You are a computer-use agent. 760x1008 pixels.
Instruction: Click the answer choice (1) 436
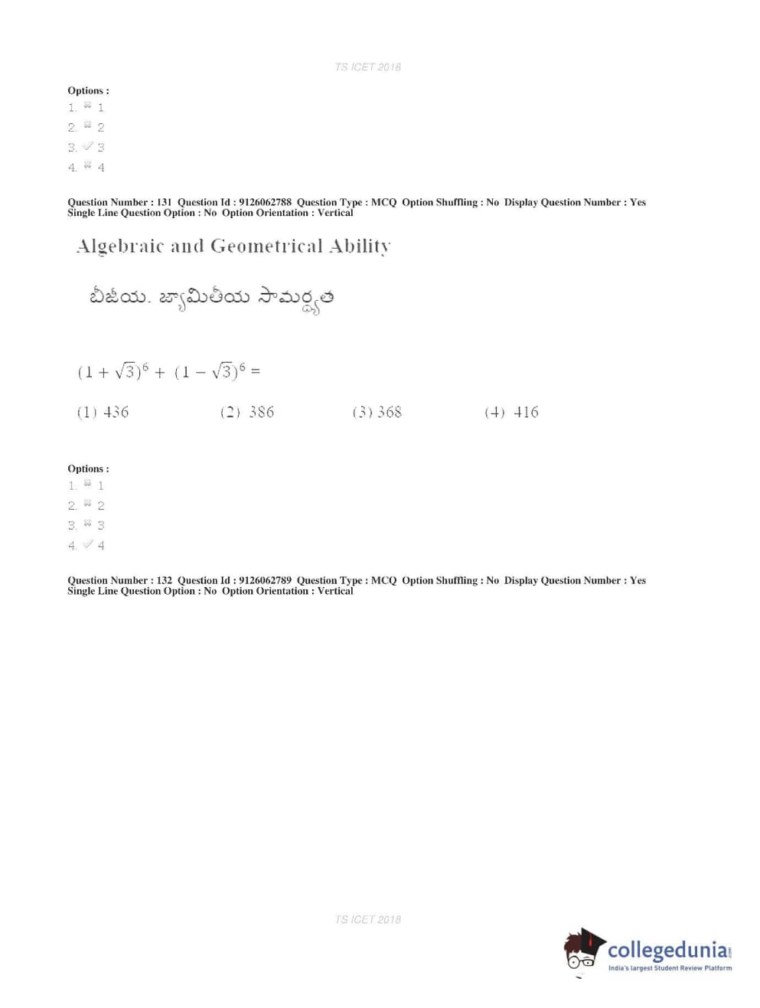point(103,413)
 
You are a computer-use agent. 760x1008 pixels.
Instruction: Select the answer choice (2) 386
point(246,413)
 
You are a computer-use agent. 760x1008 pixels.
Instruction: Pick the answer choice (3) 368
point(377,413)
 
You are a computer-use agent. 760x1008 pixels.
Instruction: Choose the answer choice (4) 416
point(511,413)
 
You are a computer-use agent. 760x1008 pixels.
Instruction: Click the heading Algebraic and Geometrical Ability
point(233,246)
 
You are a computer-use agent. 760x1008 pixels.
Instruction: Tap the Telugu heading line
point(211,298)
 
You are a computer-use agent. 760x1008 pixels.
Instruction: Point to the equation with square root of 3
point(168,372)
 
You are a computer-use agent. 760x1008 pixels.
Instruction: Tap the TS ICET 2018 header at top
point(367,67)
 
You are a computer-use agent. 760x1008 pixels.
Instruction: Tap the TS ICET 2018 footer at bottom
point(367,919)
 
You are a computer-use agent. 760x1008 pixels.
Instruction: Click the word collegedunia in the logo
point(667,951)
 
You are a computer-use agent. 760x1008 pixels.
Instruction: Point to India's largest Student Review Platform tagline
point(670,968)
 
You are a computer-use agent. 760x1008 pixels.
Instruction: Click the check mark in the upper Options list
point(87,145)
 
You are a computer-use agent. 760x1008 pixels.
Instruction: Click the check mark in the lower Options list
point(87,543)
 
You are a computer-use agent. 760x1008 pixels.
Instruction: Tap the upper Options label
point(88,90)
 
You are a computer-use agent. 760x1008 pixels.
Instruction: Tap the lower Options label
point(88,468)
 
